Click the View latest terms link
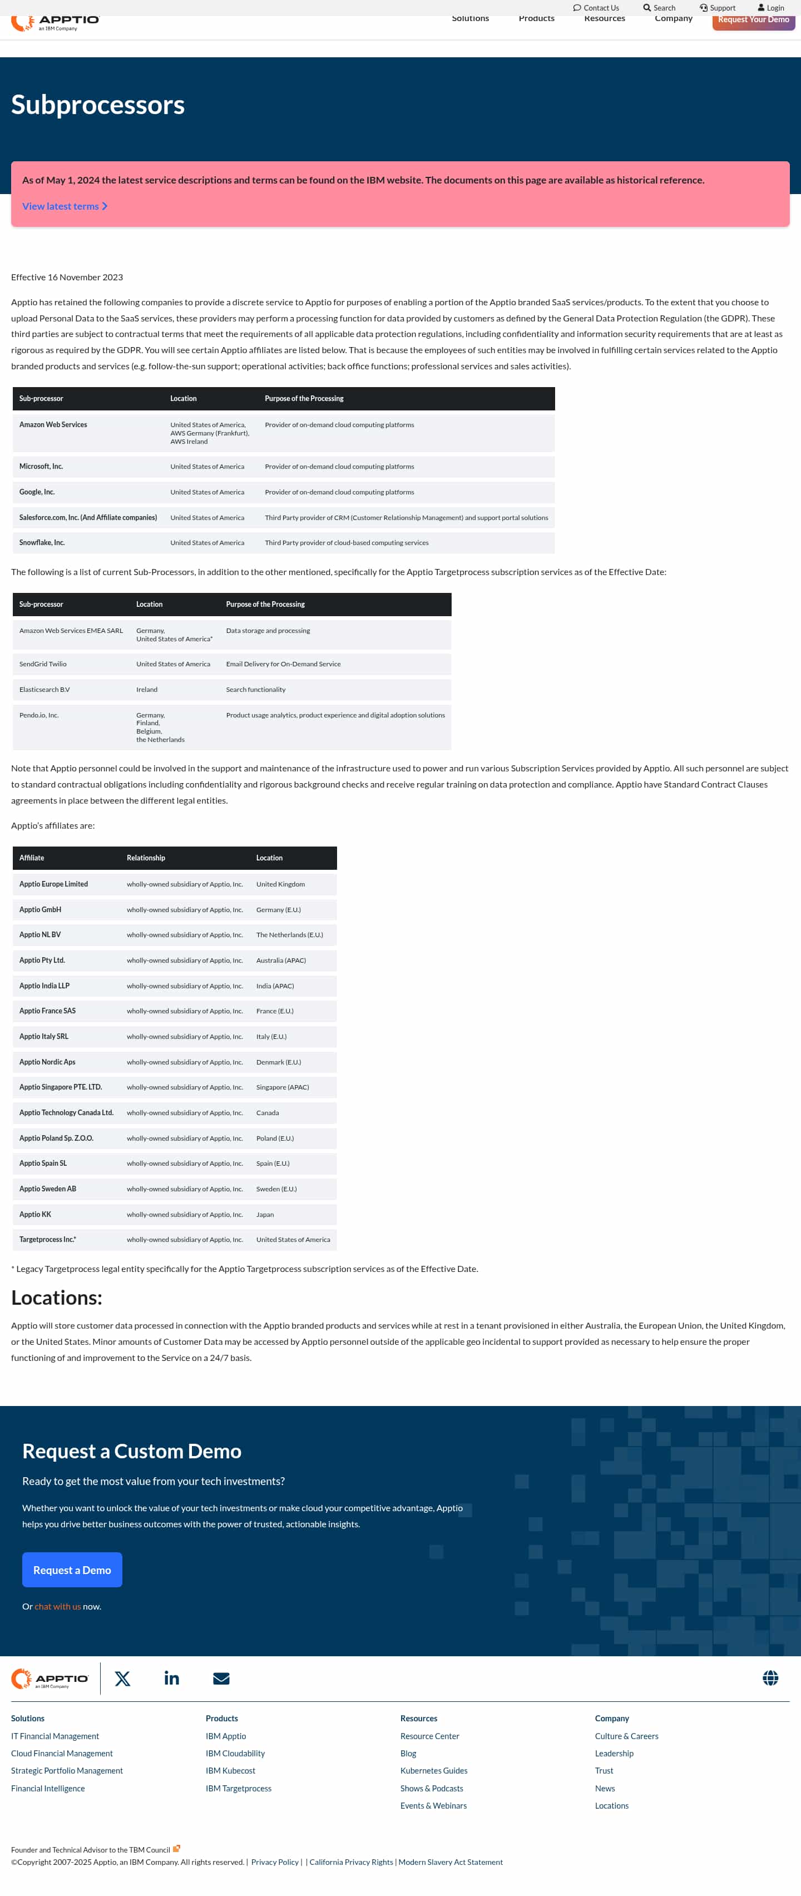point(64,206)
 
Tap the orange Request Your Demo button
point(753,21)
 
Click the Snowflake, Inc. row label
point(42,542)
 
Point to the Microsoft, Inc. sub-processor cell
point(41,467)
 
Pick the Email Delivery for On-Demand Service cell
point(284,664)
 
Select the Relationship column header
point(146,858)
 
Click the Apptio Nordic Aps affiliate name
point(47,1062)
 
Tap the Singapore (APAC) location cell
point(283,1087)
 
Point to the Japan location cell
point(265,1215)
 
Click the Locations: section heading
point(57,1298)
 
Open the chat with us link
point(57,1607)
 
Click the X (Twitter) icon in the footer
point(123,1678)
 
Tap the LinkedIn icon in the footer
point(171,1678)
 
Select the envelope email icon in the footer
point(221,1678)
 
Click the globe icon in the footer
point(770,1677)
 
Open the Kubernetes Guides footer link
point(434,1771)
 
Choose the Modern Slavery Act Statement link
point(451,1862)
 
